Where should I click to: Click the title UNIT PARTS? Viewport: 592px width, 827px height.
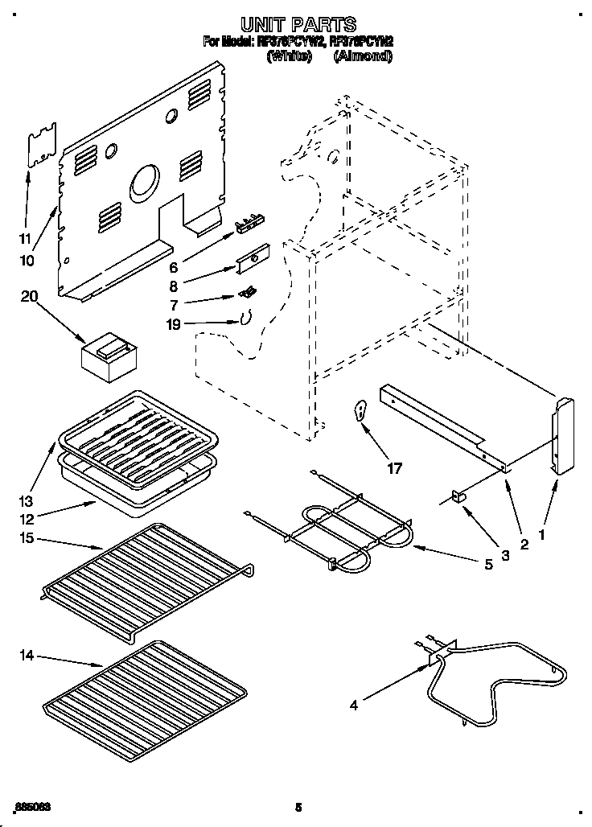(x=298, y=24)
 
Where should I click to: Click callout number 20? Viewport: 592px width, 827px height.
(x=30, y=297)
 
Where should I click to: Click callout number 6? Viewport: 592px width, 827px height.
(x=174, y=266)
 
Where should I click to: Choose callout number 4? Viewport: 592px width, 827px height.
(x=354, y=706)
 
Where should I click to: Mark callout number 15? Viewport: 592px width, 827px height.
(x=27, y=537)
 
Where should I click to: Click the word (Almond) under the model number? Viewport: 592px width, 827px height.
(x=362, y=56)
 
